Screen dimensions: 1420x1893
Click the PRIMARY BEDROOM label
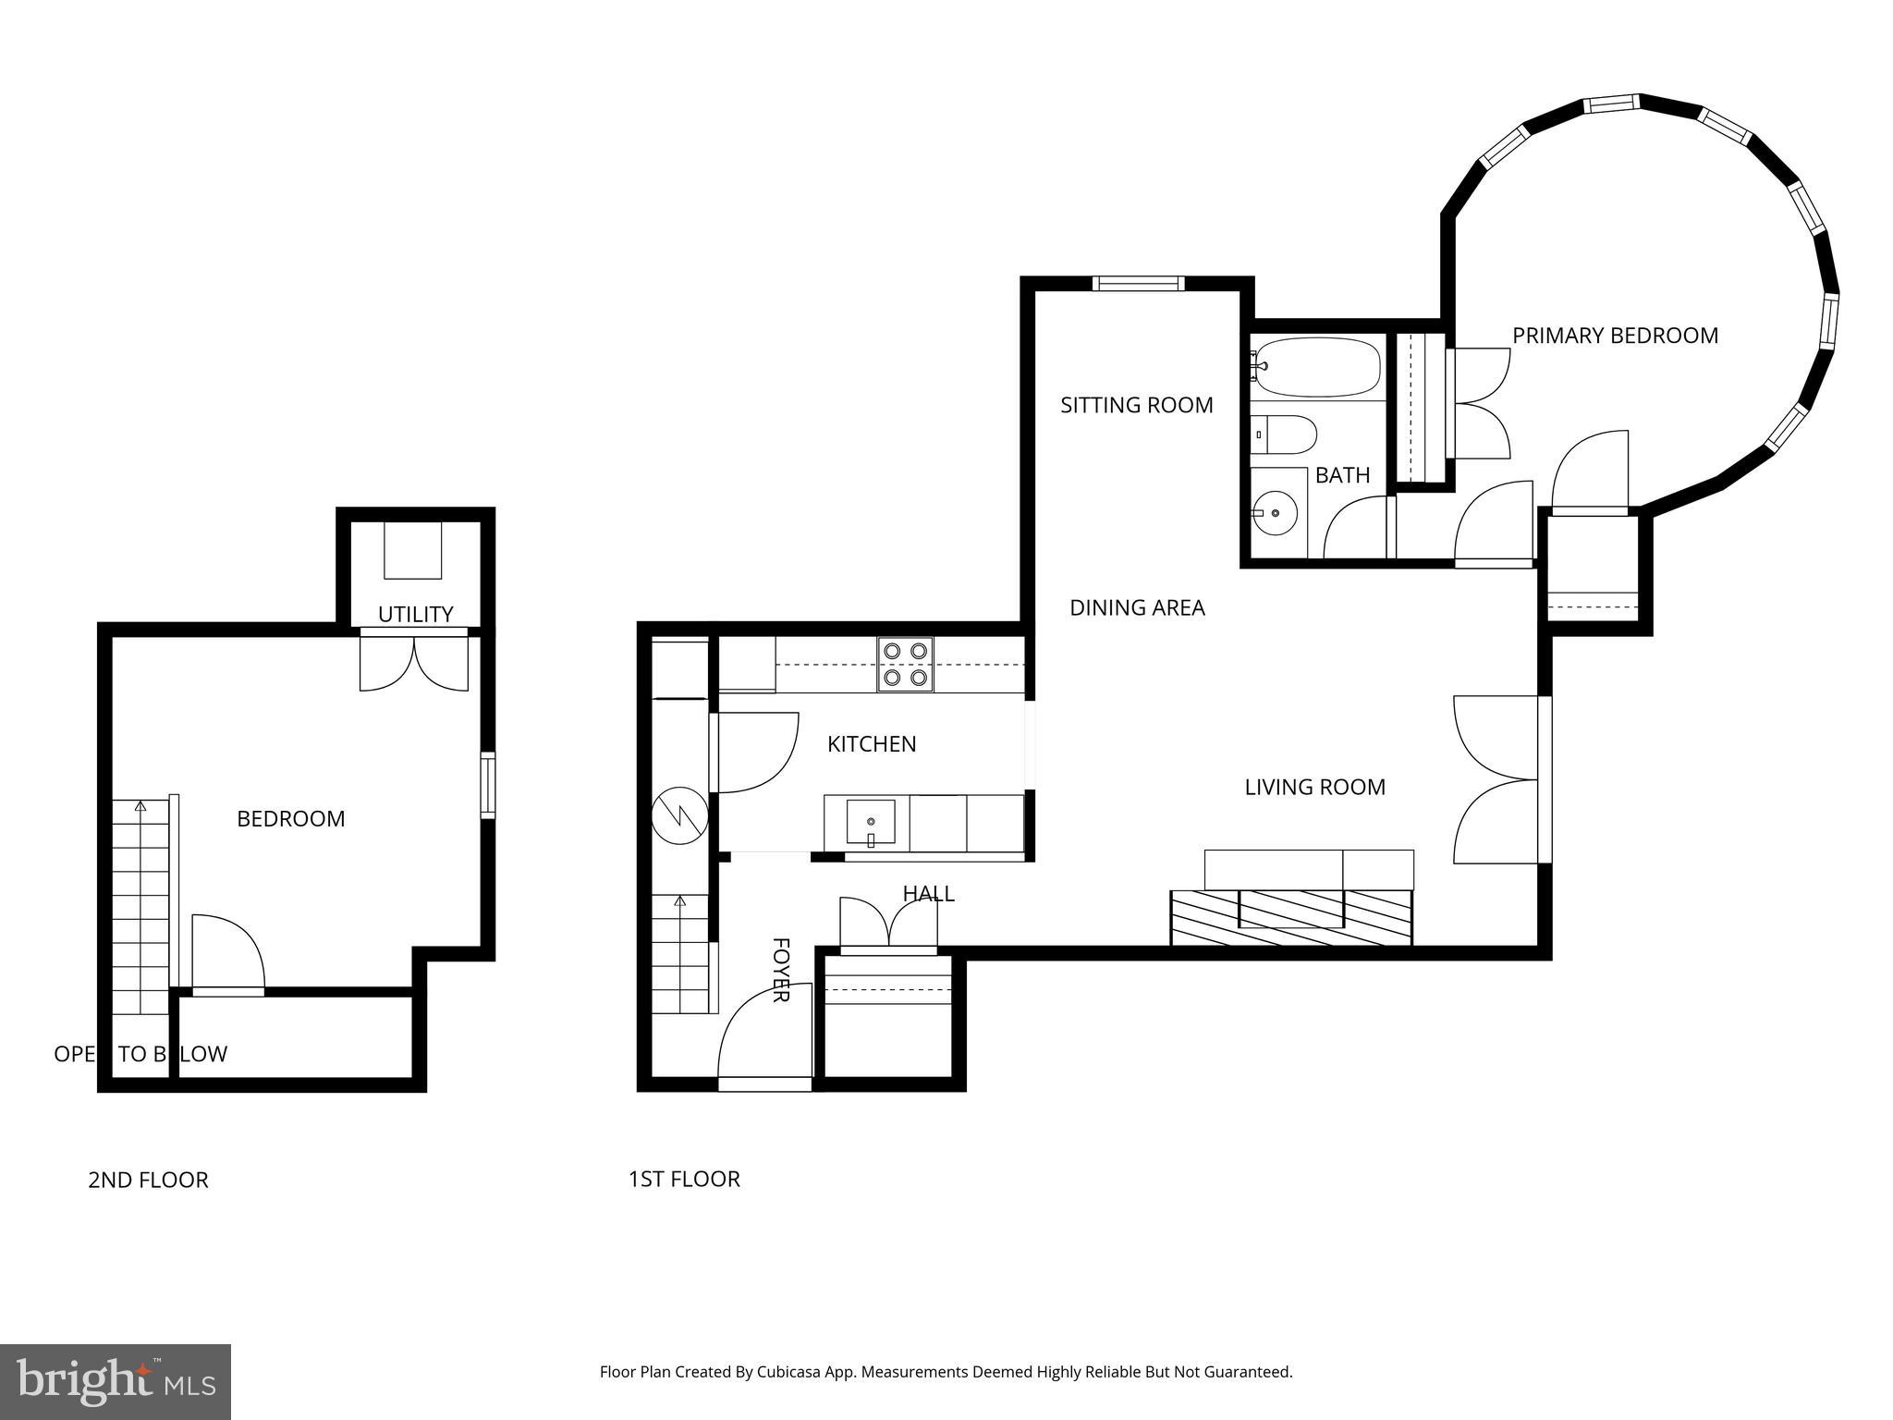[1615, 336]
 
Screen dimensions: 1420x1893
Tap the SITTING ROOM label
[1136, 405]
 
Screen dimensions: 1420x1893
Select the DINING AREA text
[1137, 607]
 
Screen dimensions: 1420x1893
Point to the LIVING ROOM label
[1314, 787]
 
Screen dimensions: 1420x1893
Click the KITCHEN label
[871, 744]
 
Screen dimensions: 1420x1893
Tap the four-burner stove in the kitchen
[905, 665]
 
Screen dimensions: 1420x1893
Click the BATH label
[1342, 475]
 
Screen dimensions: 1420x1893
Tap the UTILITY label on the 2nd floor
[415, 614]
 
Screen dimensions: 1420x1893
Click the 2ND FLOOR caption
[148, 1180]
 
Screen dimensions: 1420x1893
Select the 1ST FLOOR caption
[684, 1179]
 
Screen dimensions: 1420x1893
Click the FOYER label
[781, 970]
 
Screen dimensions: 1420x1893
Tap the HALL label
[928, 893]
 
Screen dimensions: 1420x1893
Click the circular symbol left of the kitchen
[679, 815]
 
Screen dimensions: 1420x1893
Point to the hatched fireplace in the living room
[1291, 917]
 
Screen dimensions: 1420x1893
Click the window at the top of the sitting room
[1137, 284]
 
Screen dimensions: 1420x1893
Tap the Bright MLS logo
[116, 1381]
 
